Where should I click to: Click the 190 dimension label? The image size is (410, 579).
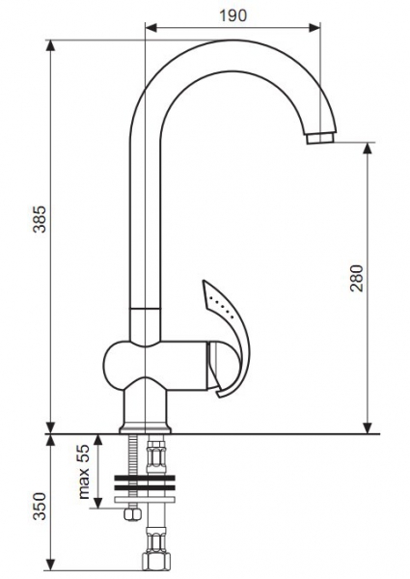click(232, 15)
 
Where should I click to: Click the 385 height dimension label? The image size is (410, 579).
click(40, 219)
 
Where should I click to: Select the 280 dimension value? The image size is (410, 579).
click(357, 278)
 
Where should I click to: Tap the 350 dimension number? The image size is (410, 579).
click(40, 506)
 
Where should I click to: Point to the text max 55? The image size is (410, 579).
click(85, 472)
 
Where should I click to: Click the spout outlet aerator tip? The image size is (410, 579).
click(320, 139)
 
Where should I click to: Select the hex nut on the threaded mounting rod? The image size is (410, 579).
click(133, 513)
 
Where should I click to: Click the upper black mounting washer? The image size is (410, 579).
click(145, 479)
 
